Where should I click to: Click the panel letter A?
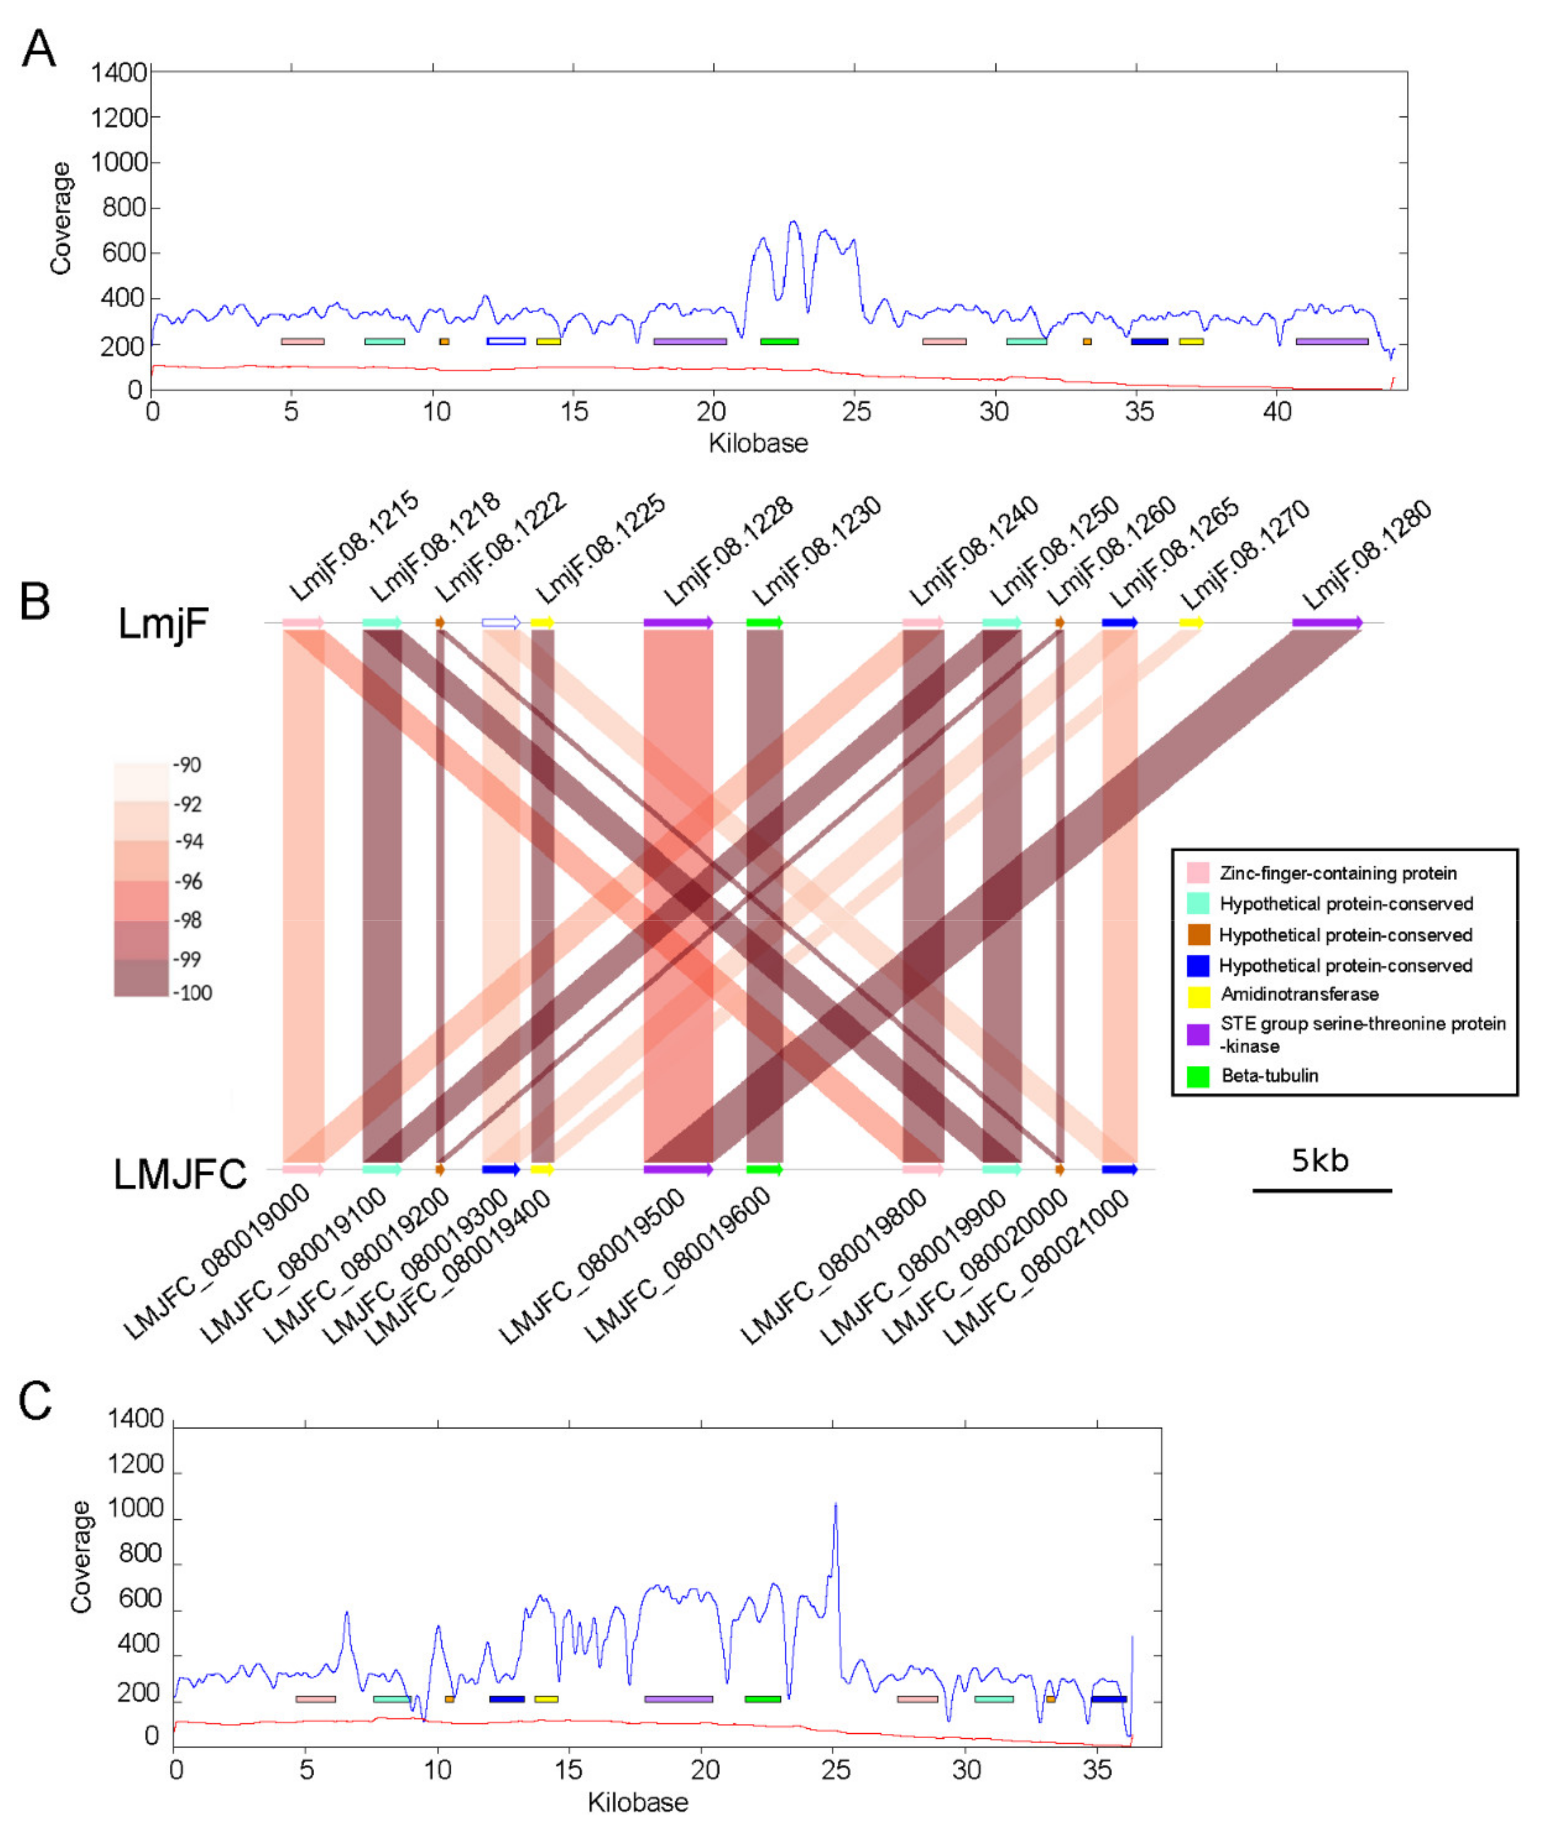click(x=39, y=50)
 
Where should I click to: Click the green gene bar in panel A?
click(x=779, y=341)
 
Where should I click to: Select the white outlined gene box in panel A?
click(x=506, y=341)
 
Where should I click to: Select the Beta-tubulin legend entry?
click(x=1269, y=1076)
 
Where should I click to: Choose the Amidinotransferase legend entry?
click(x=1299, y=994)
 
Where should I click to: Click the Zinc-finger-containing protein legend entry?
click(x=1338, y=873)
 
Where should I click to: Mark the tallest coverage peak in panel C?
click(x=835, y=1505)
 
